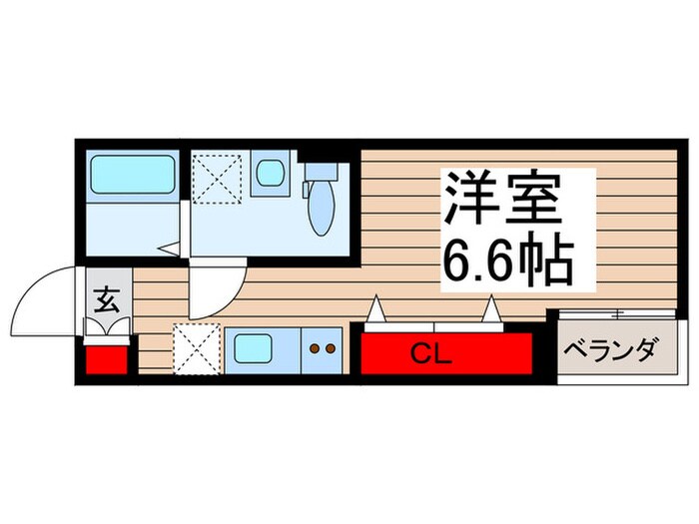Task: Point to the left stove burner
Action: click(x=315, y=349)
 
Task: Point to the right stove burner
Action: click(x=330, y=349)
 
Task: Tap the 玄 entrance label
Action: click(x=106, y=298)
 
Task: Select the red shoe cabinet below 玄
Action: click(x=106, y=358)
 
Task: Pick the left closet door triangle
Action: click(x=375, y=312)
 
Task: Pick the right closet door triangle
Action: click(x=491, y=312)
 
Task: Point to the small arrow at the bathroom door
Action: click(x=170, y=247)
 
